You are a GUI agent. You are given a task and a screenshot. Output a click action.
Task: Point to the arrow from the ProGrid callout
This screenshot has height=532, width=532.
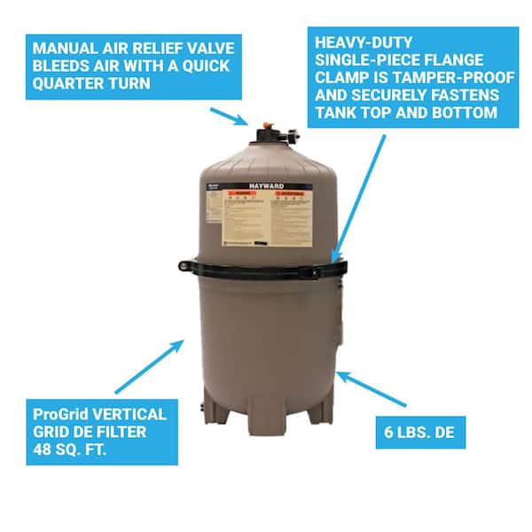[152, 364]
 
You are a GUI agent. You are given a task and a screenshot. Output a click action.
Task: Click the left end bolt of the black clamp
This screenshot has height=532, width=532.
[183, 264]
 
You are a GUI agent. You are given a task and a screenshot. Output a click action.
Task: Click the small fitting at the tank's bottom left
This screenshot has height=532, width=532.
[200, 410]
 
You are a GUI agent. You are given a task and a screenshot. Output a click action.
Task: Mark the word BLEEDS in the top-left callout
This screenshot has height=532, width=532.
[59, 66]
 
